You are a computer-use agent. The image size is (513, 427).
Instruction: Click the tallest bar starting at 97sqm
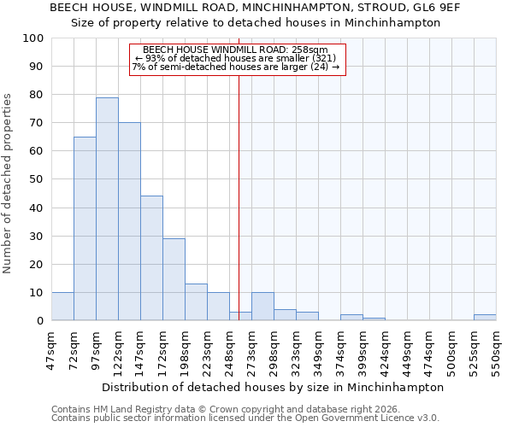coord(107,209)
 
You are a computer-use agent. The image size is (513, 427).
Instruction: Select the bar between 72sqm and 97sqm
coord(85,229)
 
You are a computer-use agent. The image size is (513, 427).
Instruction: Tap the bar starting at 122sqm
coord(129,222)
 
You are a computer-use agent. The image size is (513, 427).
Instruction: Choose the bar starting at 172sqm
coord(174,279)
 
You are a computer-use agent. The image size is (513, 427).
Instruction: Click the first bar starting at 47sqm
coord(62,307)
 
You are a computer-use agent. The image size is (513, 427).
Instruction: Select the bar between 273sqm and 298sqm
coord(262,307)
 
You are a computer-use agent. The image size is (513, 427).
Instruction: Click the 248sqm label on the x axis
coord(229,348)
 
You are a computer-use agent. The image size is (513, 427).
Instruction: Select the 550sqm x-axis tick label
coord(496,348)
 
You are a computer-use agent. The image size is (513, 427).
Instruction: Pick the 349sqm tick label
coord(318,348)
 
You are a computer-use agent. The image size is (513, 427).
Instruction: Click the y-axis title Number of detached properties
coord(9,184)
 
